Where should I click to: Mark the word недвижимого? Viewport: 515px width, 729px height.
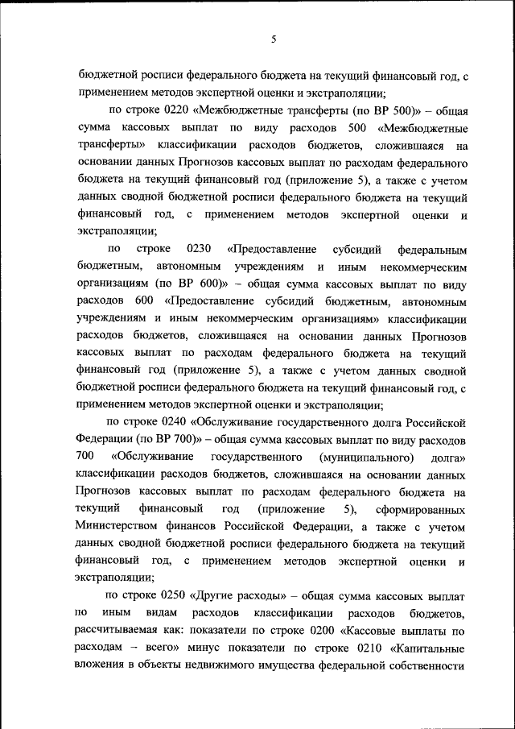click(218, 666)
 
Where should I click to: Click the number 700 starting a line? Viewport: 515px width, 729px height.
click(88, 458)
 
